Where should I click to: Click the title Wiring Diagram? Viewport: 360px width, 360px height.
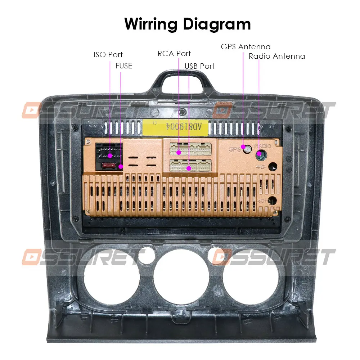pos(188,24)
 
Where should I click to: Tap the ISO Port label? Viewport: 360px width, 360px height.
pos(108,55)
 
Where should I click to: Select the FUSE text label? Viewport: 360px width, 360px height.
pos(124,66)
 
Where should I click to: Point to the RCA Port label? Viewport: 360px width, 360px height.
pos(174,54)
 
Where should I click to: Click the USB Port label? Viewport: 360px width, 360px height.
pos(199,66)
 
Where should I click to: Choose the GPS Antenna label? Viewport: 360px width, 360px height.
pos(246,47)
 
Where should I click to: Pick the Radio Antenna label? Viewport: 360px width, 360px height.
pos(276,56)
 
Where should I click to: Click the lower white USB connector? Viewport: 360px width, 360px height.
pos(190,165)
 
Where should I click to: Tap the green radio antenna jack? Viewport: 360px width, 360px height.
pos(260,155)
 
